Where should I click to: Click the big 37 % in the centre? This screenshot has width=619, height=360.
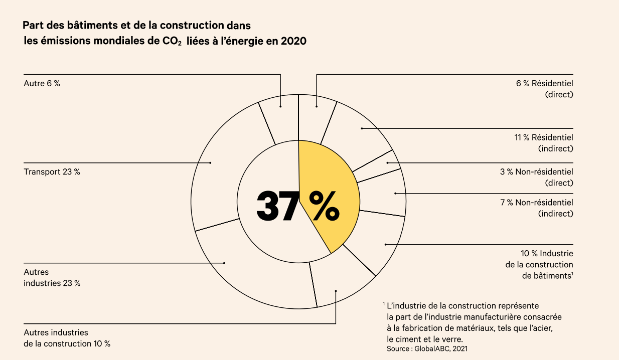pyautogui.click(x=298, y=206)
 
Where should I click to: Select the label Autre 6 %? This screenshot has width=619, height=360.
pyautogui.click(x=42, y=84)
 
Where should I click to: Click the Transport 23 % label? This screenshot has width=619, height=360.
pyautogui.click(x=52, y=171)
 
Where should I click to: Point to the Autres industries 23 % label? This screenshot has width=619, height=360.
pyautogui.click(x=52, y=278)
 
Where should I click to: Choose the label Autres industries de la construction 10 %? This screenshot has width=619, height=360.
pyautogui.click(x=67, y=338)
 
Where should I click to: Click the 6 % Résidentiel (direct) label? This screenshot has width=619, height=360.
pyautogui.click(x=544, y=89)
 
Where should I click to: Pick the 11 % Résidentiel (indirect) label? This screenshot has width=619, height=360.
pyautogui.click(x=543, y=143)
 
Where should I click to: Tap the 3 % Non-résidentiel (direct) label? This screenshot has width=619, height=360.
pyautogui.click(x=536, y=177)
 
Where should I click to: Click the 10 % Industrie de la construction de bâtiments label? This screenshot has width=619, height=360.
pyautogui.click(x=539, y=264)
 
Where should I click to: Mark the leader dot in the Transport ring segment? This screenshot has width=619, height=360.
pyautogui.click(x=210, y=162)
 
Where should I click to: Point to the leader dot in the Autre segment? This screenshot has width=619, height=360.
pyautogui.click(x=280, y=106)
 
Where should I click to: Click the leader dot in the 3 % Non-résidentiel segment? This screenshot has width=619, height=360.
pyautogui.click(x=387, y=162)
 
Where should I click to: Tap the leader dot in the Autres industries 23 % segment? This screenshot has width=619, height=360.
pyautogui.click(x=225, y=263)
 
